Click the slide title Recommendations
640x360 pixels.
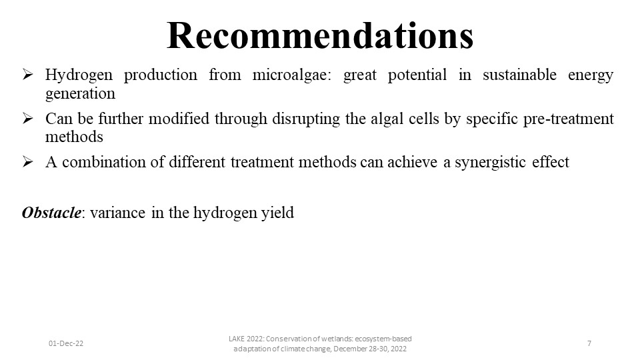tap(320, 35)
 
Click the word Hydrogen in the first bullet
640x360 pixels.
tap(79, 75)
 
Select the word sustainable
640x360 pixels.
tap(519, 75)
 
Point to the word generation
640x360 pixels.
tap(81, 94)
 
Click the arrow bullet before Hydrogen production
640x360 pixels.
tap(28, 74)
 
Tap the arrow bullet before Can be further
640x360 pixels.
tap(28, 119)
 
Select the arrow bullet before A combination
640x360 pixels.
tap(28, 161)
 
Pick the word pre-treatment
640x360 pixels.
tap(569, 119)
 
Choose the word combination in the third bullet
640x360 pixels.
tap(104, 162)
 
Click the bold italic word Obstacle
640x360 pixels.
tap(51, 213)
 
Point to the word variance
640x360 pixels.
tap(117, 213)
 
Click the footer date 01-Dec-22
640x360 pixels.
tap(66, 343)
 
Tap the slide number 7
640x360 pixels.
tap(589, 343)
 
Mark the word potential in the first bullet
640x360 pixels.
tap(417, 75)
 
